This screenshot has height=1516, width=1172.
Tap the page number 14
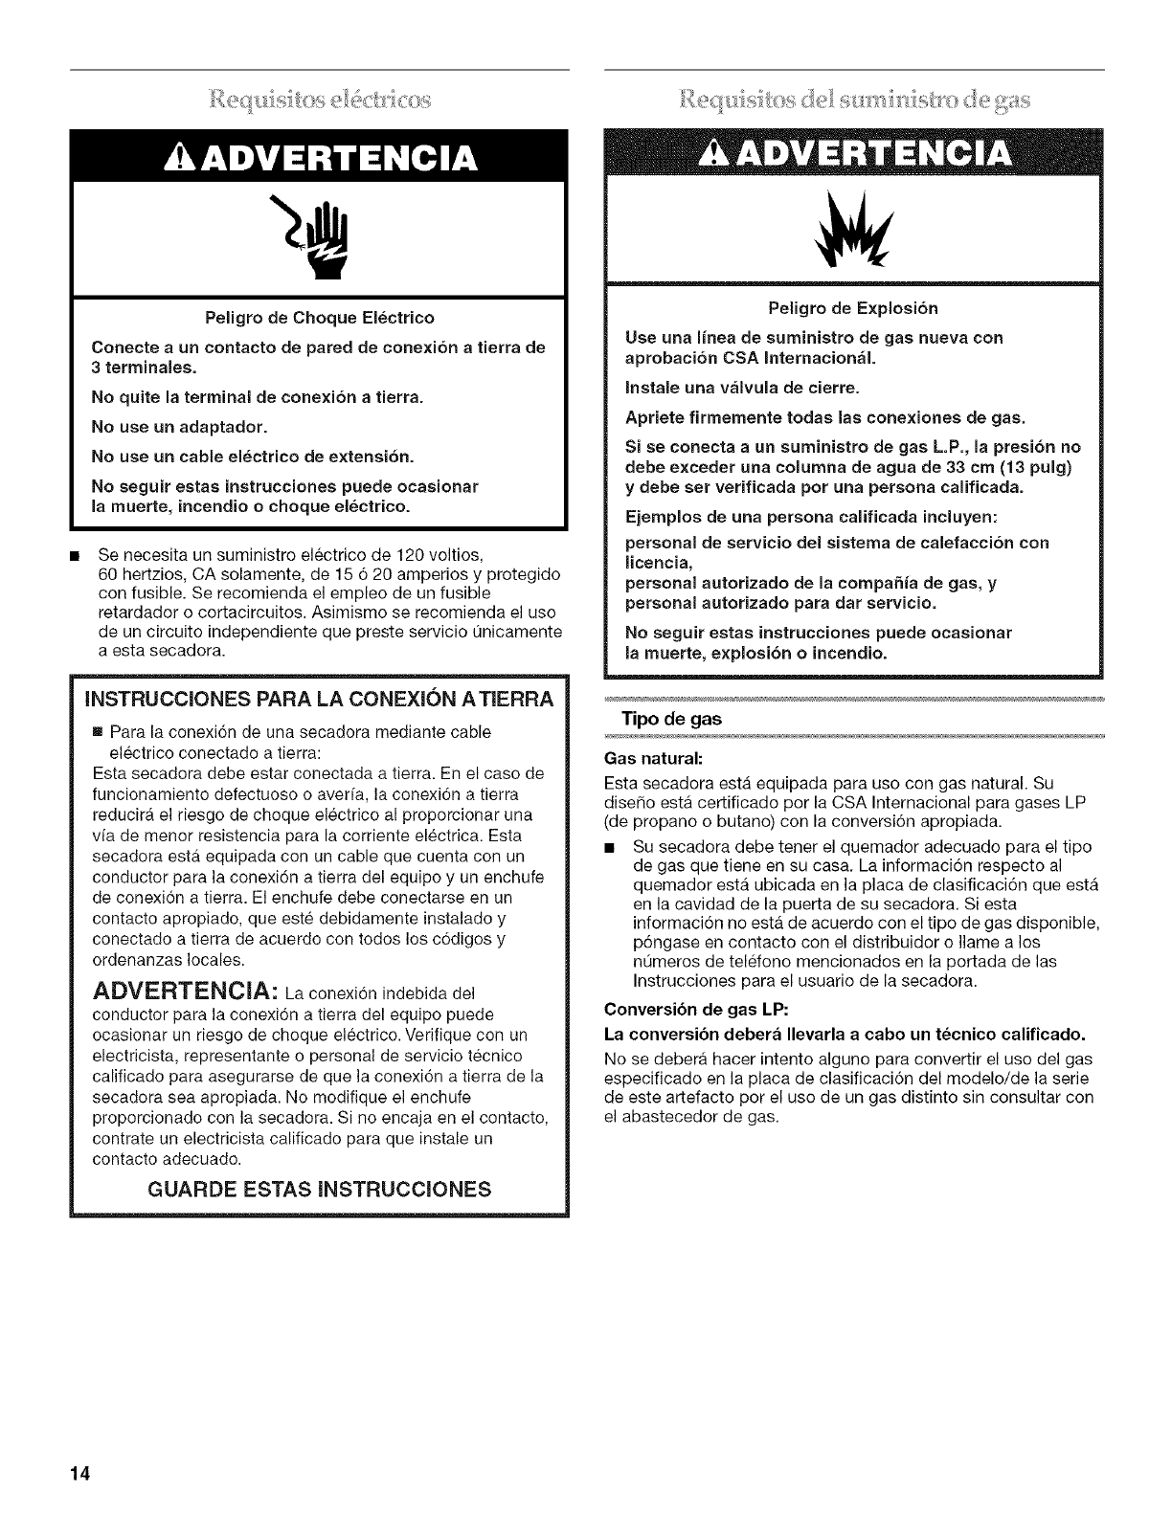pos(79,1474)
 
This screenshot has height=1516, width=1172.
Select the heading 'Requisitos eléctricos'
pos(321,99)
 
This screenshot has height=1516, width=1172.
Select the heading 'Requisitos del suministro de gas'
pos(853,99)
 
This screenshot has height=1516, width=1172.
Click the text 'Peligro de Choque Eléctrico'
pos(321,317)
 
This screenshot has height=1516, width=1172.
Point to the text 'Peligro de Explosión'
pos(853,308)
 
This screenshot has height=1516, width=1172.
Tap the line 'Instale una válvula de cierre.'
pos(742,388)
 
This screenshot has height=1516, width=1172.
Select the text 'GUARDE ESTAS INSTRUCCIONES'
pos(320,1190)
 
